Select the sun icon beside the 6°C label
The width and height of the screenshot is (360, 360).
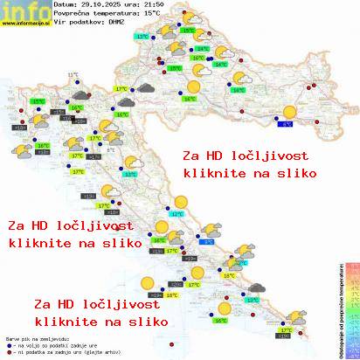coord(288,113)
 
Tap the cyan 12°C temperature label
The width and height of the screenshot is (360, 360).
coord(177,213)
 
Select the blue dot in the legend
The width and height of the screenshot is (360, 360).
coord(8,343)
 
